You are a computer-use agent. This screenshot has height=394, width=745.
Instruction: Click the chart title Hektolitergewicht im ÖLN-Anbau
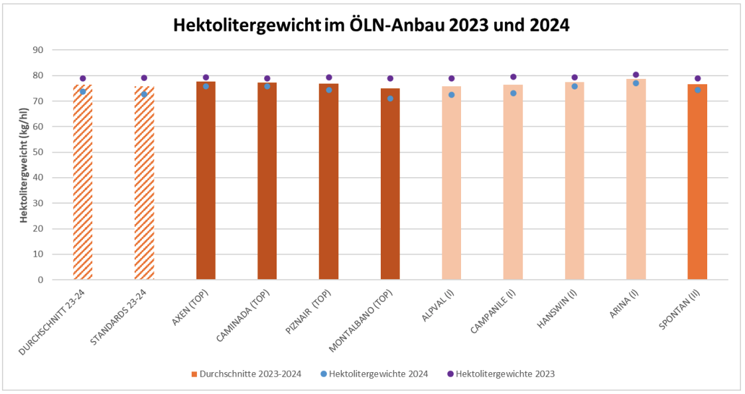(x=372, y=25)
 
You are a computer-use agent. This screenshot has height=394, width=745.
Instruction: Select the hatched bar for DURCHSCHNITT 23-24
(x=83, y=186)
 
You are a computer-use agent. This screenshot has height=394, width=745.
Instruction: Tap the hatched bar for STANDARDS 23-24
(x=144, y=186)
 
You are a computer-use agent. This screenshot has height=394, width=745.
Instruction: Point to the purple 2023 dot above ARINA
(x=636, y=75)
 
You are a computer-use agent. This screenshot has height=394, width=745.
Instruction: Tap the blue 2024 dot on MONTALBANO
(x=390, y=98)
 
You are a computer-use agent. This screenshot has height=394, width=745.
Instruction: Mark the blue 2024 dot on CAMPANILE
(x=513, y=93)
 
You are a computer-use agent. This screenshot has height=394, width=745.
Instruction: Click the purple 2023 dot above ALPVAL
(x=452, y=78)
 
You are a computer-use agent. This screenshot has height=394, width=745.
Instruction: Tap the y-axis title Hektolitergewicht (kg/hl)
(x=24, y=165)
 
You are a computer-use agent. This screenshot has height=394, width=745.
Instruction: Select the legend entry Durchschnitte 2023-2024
(x=249, y=373)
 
